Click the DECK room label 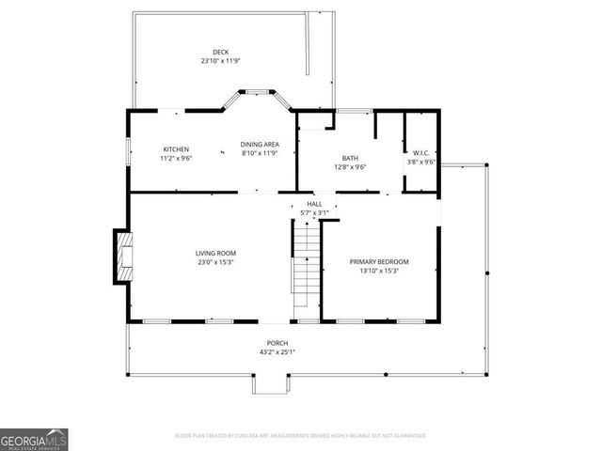tap(220, 52)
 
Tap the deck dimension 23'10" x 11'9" tap(220, 61)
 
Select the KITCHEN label tap(176, 149)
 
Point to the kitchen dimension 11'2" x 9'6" tap(176, 159)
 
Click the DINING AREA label tap(260, 144)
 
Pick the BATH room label tap(350, 158)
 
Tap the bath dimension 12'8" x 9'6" tap(350, 167)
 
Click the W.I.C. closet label tap(420, 152)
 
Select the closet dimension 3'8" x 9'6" tap(420, 162)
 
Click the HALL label tap(314, 204)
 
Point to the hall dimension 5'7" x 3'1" tap(314, 213)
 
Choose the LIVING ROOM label tap(215, 253)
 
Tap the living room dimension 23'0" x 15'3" tap(215, 262)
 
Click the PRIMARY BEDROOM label tap(379, 261)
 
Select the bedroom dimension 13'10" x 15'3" tap(379, 271)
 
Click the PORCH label tap(277, 343)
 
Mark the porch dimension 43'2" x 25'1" tap(277, 352)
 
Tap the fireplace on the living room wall tap(122, 257)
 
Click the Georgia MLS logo tap(34, 439)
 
